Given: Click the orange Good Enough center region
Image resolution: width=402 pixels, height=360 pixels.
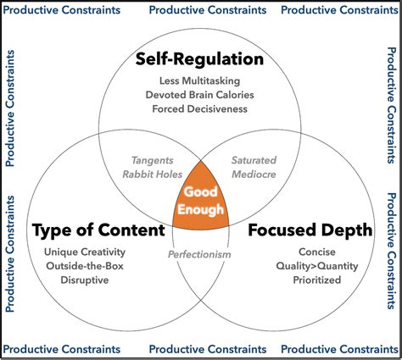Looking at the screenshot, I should (x=202, y=202).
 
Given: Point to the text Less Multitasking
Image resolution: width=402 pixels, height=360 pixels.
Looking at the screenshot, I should (x=200, y=80).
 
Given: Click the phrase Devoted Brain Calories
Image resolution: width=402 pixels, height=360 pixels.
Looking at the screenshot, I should (x=200, y=94).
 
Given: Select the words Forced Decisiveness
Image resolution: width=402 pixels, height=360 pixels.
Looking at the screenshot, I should (x=200, y=108).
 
